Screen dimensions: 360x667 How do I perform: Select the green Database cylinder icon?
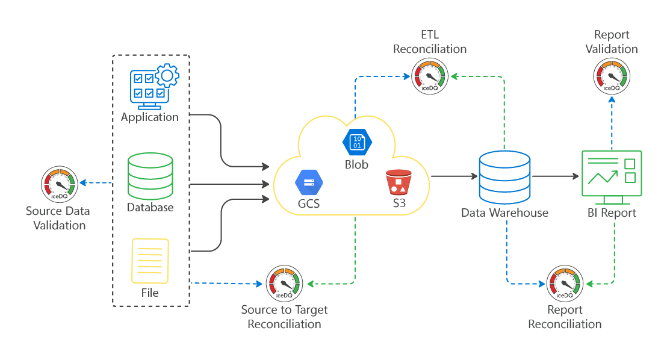(x=150, y=176)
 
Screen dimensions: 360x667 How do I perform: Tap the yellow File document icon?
(x=150, y=261)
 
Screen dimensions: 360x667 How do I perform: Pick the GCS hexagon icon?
(x=309, y=183)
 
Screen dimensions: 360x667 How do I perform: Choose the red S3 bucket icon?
(x=399, y=182)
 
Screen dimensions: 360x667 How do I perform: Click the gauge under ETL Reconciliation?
(x=430, y=76)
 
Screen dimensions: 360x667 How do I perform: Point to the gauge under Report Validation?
(x=611, y=76)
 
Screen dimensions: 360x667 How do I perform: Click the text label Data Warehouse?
(x=504, y=213)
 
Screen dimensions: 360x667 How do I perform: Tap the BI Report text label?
(x=612, y=213)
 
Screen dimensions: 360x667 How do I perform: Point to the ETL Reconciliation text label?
(x=430, y=42)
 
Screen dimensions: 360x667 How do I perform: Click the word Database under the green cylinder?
(x=150, y=208)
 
